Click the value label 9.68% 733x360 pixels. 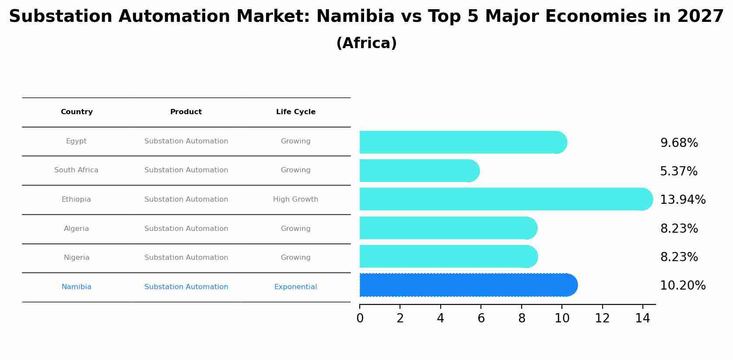point(679,143)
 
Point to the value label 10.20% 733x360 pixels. point(683,286)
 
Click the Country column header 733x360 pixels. point(77,112)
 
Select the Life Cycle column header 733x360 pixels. point(295,112)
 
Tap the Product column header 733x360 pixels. point(186,112)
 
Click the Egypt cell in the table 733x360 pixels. point(76,141)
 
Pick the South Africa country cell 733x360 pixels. point(76,170)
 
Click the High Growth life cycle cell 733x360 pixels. point(295,199)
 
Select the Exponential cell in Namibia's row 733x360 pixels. point(295,287)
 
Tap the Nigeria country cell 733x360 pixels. point(77,258)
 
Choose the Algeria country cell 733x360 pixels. point(76,229)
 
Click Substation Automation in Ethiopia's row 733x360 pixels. point(186,199)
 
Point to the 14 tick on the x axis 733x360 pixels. point(642,318)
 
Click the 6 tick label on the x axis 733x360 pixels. point(481,318)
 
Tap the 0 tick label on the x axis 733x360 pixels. point(360,318)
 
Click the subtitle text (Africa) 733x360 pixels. point(366,43)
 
